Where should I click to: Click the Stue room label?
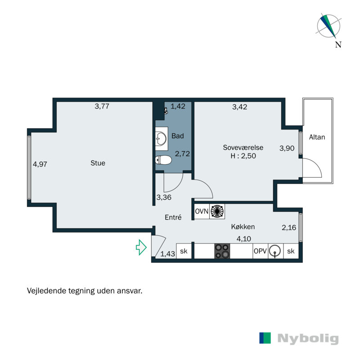tap(98, 163)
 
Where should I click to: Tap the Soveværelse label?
tap(243, 148)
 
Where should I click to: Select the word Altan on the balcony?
tap(317, 137)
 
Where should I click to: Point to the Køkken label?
tap(243, 227)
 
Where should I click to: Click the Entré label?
tap(173, 217)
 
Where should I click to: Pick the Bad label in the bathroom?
tap(178, 136)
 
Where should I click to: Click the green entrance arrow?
tap(141, 247)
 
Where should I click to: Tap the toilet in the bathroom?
tap(163, 160)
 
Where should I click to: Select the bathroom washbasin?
tap(162, 139)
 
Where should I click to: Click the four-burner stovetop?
tap(222, 251)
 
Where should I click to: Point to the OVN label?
tap(202, 211)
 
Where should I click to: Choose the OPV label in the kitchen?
tap(260, 251)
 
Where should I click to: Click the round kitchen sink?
tap(275, 251)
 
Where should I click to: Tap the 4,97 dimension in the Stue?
tap(40, 164)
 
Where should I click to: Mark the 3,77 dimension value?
tap(102, 106)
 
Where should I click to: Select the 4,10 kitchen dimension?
tap(244, 239)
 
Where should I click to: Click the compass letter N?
tap(338, 44)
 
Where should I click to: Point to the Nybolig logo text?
tap(308, 338)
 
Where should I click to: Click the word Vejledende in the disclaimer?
tap(46, 291)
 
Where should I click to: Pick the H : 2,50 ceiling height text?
tap(243, 156)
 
